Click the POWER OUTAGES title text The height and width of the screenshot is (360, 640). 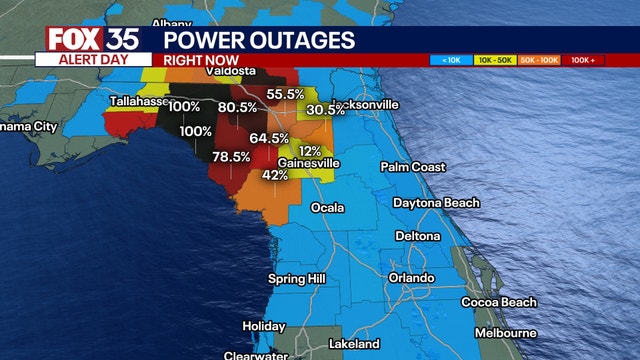coord(259,40)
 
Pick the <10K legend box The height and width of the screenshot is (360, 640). coord(446,60)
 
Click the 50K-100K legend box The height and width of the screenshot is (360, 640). coord(541,60)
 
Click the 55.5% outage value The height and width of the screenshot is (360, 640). coord(285,94)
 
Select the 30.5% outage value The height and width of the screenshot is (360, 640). coord(325,110)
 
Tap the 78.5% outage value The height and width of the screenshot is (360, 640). coord(231,156)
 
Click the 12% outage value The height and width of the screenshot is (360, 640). coord(310,151)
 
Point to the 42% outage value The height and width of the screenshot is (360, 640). coord(275,175)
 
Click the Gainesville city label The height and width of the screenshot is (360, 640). coord(309,163)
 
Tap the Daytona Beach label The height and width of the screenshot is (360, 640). coord(436,203)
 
